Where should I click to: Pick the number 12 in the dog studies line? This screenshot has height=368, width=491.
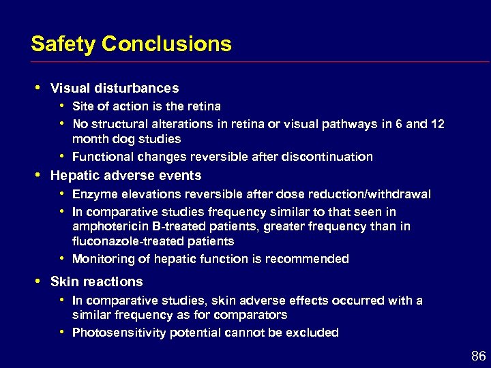point(438,124)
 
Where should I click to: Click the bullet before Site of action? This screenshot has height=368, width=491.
point(61,106)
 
